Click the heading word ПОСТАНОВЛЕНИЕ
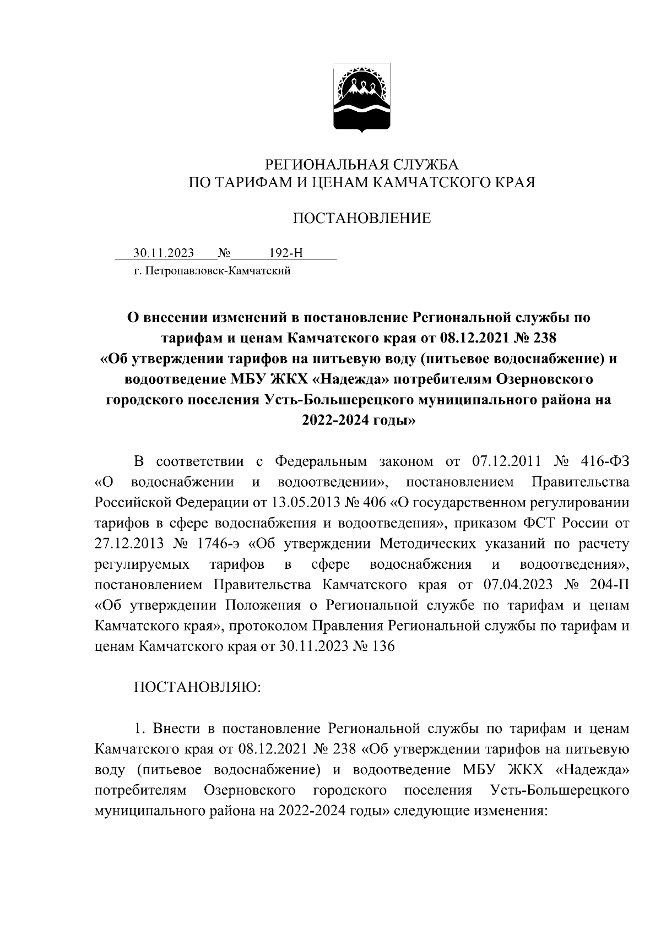(x=361, y=219)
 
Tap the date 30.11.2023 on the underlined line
(x=164, y=253)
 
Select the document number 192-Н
(x=286, y=253)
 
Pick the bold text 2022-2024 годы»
(x=358, y=421)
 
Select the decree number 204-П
(x=606, y=585)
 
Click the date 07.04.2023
(x=520, y=585)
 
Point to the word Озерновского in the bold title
(x=544, y=379)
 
